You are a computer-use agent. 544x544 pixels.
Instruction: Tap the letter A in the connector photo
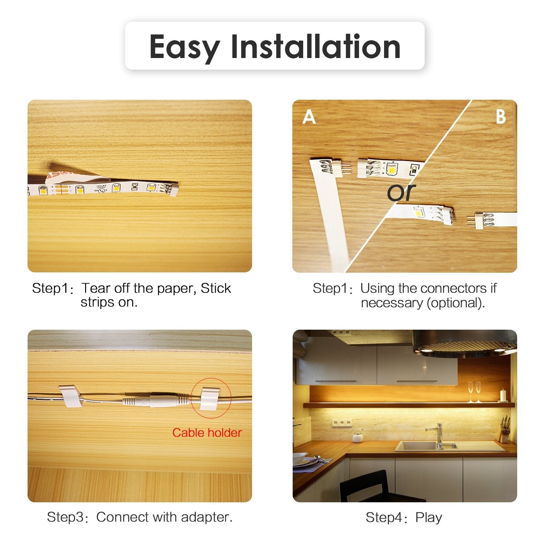[x=309, y=117]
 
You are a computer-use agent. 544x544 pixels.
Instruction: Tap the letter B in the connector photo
[x=500, y=117]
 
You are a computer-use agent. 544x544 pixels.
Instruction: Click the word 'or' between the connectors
[x=401, y=192]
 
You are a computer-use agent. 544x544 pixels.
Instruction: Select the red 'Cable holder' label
[x=207, y=432]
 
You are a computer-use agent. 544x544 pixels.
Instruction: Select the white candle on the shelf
[x=503, y=395]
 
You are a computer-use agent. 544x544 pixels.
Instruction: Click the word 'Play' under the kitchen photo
[x=429, y=518]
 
